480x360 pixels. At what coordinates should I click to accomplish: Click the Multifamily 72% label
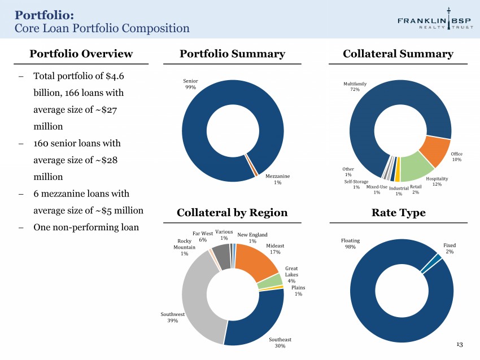[x=355, y=86]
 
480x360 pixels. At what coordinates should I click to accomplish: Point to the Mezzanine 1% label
[x=277, y=179]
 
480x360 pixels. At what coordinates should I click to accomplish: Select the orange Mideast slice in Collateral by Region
[x=257, y=261]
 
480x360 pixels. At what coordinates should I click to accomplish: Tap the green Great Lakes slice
[x=270, y=282]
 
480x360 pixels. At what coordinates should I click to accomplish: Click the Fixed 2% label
[x=450, y=248]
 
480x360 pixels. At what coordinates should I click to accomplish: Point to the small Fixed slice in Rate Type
[x=431, y=264]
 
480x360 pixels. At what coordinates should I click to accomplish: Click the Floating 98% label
[x=351, y=244]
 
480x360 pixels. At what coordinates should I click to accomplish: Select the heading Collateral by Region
[x=232, y=212]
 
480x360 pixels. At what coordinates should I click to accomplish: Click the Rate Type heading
[x=399, y=212]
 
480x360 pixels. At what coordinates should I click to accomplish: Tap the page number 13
[x=460, y=344]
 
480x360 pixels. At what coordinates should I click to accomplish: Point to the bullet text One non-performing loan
[x=86, y=227]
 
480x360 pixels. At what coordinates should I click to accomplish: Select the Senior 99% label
[x=190, y=84]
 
